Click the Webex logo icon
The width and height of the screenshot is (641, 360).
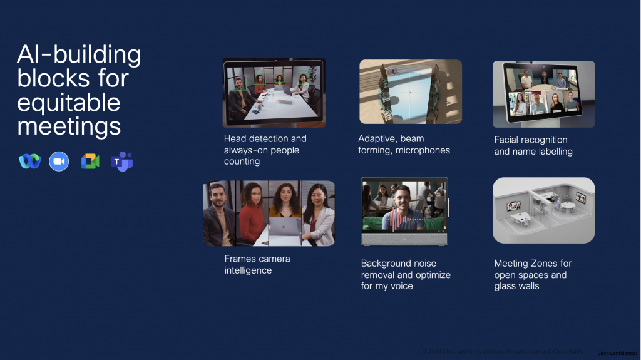[29, 162]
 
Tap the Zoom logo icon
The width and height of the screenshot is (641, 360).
[59, 162]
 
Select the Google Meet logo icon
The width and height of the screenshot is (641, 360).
[90, 162]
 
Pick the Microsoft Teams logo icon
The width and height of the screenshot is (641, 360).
[121, 162]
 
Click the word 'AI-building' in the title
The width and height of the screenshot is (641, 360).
[79, 55]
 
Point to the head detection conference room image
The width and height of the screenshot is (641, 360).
[274, 93]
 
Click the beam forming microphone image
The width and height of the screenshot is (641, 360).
[410, 91]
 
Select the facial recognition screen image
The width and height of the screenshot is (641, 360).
[543, 94]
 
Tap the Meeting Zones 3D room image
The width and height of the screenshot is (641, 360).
[543, 210]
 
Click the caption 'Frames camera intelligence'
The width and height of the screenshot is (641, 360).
[257, 264]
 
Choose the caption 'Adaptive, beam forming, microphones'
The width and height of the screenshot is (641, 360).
[404, 144]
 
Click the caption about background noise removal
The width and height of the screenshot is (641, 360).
[406, 274]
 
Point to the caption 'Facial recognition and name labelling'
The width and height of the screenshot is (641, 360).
[533, 145]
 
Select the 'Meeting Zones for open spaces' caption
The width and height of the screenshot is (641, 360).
[533, 274]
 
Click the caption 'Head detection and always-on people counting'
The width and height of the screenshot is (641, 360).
[265, 150]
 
